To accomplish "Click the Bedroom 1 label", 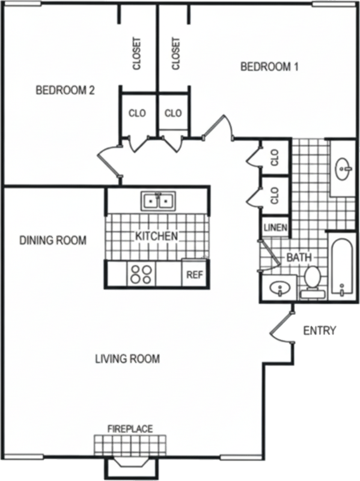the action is click(269, 67).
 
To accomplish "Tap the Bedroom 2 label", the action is click(65, 90).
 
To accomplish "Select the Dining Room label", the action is click(53, 240).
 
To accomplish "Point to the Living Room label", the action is click(127, 358).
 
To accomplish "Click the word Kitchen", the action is click(156, 236).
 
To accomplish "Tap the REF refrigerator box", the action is click(195, 274).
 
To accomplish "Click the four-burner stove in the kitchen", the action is click(141, 274).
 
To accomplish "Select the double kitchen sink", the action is click(158, 201).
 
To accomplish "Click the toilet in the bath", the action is click(313, 281).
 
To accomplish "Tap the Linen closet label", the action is click(275, 228).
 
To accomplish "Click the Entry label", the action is click(320, 331).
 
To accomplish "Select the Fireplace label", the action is click(130, 429).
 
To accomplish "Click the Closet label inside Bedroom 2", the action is click(137, 54).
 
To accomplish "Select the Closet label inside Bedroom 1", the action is click(175, 54).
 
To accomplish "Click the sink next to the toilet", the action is click(279, 289).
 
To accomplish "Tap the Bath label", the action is click(299, 257).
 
